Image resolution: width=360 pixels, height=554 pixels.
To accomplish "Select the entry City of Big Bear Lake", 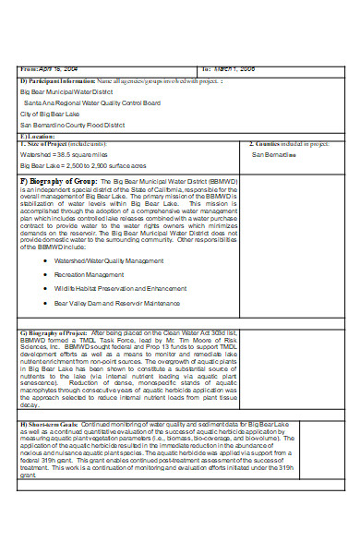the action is click(x=53, y=114).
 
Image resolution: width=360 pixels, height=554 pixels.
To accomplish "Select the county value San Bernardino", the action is click(x=274, y=155).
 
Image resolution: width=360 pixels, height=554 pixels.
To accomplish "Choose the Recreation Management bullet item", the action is click(x=89, y=274).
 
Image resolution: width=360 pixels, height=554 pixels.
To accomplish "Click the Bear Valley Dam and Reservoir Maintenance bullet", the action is click(x=117, y=302).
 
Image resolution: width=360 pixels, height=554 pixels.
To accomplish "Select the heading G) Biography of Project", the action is click(x=55, y=331).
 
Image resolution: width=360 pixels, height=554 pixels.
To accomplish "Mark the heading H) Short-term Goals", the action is click(x=50, y=423).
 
